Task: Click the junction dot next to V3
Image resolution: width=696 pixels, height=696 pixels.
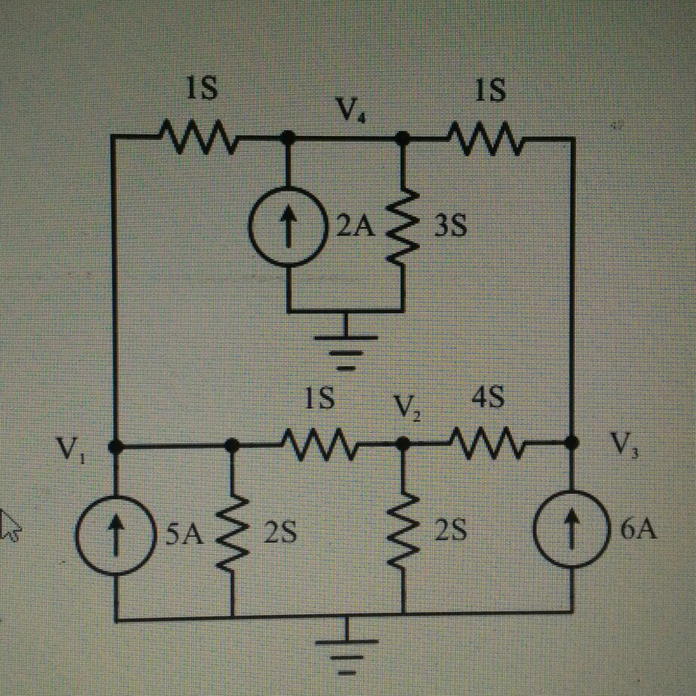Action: click(x=572, y=441)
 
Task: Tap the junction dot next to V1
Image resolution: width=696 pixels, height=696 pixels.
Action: click(x=115, y=446)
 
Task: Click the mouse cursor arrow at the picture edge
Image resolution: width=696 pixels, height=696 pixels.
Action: click(x=9, y=524)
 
